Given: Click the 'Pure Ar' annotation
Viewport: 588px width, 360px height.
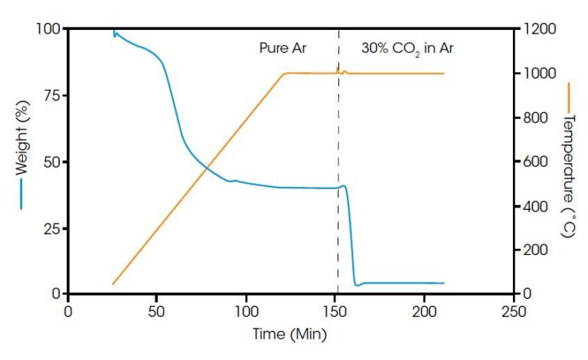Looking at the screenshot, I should tap(282, 47).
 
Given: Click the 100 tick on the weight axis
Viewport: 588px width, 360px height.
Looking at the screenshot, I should tap(49, 29).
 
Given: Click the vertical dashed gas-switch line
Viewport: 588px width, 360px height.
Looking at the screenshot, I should tap(338, 230).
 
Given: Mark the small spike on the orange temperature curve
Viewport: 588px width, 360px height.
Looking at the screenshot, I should tap(338, 68).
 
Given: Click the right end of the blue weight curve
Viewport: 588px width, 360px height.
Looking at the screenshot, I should tap(443, 283).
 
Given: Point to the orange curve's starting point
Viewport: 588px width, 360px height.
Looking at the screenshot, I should tap(113, 284).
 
